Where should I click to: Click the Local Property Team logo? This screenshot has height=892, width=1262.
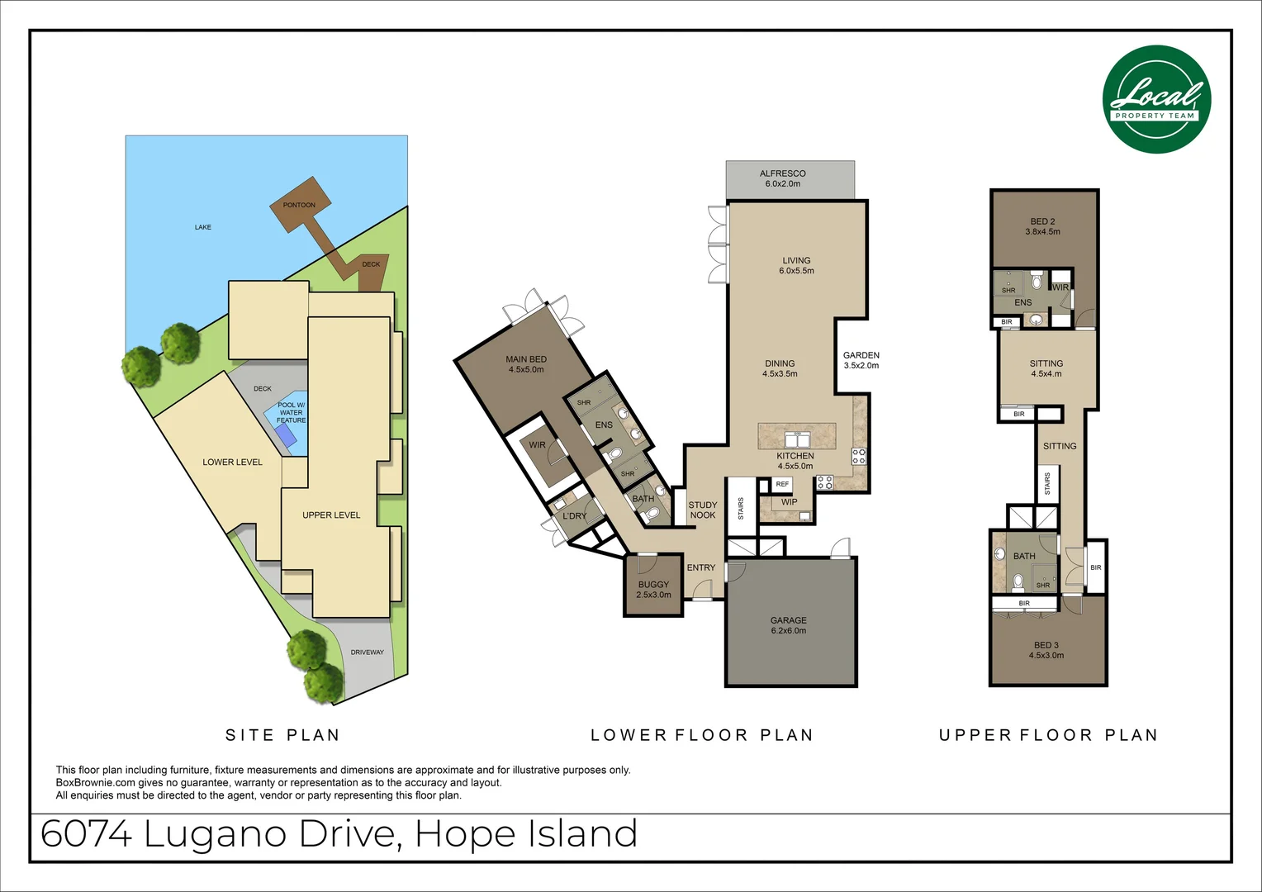click(1156, 99)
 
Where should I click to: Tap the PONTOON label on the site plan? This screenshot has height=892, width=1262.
click(299, 205)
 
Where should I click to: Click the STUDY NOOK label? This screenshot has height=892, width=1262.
click(703, 510)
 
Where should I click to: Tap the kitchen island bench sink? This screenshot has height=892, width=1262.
click(797, 440)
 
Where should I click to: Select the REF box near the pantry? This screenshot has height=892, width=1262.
click(782, 484)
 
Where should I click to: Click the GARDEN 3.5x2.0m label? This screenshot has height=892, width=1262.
click(861, 360)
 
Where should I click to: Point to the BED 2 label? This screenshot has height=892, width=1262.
click(1042, 226)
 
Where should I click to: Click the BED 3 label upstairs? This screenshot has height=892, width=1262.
click(1046, 650)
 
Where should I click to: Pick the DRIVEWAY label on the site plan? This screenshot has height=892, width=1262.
click(367, 652)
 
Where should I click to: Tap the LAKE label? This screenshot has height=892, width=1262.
click(203, 227)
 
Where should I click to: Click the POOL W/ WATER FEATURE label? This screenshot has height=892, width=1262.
click(291, 413)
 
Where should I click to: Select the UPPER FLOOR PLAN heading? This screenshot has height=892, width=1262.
click(1048, 735)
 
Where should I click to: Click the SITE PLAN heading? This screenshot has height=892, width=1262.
click(282, 735)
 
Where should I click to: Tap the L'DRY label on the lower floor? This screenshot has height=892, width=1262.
click(574, 516)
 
